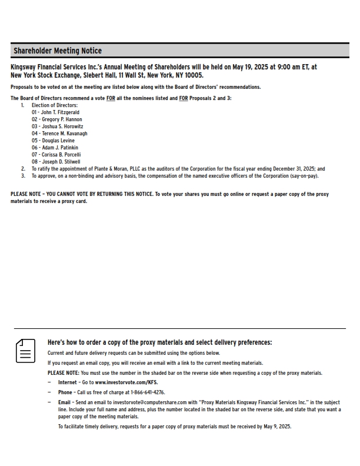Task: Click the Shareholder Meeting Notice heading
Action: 58,51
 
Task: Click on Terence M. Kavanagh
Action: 59,134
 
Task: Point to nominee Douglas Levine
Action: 53,141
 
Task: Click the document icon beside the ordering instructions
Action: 25,351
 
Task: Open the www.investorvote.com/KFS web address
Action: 126,382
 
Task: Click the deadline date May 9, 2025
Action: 276,427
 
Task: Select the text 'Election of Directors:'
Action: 55,105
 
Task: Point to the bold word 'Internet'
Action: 67,382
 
